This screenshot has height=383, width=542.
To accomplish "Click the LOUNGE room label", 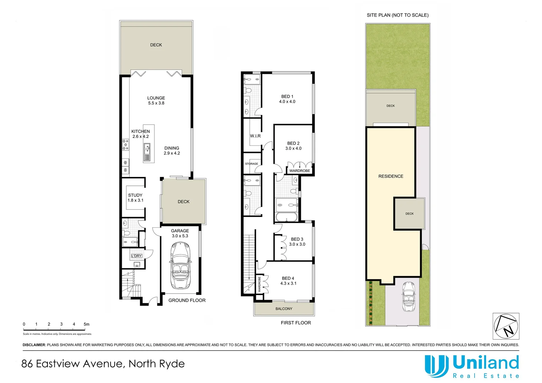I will pyautogui.click(x=156, y=98).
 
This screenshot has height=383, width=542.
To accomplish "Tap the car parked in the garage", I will pyautogui.click(x=180, y=265).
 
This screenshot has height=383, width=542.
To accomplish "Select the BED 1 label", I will pyautogui.click(x=287, y=96).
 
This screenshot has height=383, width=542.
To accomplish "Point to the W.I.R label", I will pyautogui.click(x=255, y=136).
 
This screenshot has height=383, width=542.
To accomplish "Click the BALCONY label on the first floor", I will pyautogui.click(x=284, y=309).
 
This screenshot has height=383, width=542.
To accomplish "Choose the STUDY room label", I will pyautogui.click(x=135, y=195).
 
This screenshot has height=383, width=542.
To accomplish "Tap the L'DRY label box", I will pyautogui.click(x=137, y=256).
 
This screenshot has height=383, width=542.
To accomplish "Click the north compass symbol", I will pyautogui.click(x=506, y=326).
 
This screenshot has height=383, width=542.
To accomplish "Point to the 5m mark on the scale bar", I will pyautogui.click(x=86, y=324).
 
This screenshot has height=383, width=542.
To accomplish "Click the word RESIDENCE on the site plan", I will pyautogui.click(x=391, y=176).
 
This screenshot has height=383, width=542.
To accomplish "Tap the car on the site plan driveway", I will pyautogui.click(x=409, y=296).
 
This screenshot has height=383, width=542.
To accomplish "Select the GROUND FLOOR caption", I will pyautogui.click(x=187, y=300).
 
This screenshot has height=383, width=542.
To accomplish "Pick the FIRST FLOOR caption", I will pyautogui.click(x=296, y=323).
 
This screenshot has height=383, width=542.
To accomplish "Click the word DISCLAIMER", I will pyautogui.click(x=34, y=345).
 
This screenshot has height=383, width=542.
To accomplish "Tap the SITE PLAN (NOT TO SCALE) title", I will pyautogui.click(x=398, y=15).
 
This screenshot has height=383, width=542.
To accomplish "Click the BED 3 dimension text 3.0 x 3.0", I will pyautogui.click(x=297, y=244).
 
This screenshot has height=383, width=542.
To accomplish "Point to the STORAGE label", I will pyautogui.click(x=252, y=164).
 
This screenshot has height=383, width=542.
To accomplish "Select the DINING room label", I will pyautogui.click(x=172, y=148).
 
